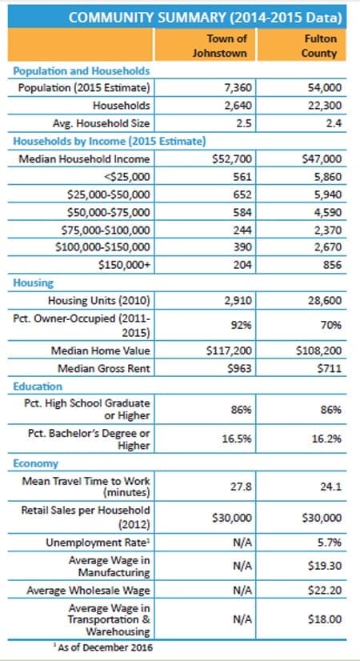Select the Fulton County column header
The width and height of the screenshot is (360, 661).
pos(322,46)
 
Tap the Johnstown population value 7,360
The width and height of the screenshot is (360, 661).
pos(238,88)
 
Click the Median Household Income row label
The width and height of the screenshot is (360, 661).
pos(84,159)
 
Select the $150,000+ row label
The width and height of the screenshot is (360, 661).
pos(123,265)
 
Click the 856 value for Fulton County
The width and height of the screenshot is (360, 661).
pos(332,265)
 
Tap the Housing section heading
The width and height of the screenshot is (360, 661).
pos(34,282)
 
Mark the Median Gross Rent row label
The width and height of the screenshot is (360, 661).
pos(104,368)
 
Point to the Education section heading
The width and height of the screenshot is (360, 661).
pos(38,387)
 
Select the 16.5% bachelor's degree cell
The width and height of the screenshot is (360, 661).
pos(238,439)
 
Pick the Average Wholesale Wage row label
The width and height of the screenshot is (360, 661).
pos(88,591)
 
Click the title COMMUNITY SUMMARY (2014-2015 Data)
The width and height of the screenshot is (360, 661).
pos(205,18)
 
